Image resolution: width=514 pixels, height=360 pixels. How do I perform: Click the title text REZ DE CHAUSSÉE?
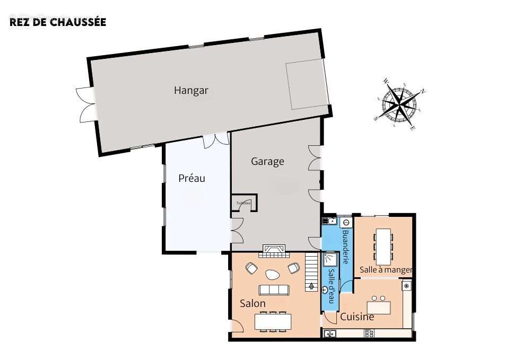[x=58, y=22]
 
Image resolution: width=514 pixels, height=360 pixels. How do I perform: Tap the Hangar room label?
[x=191, y=91]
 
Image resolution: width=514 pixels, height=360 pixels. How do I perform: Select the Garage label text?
[x=267, y=162]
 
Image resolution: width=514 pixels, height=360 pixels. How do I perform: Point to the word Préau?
[x=191, y=179]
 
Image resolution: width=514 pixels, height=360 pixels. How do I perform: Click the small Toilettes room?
[x=243, y=203]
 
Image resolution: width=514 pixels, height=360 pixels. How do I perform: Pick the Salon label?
[x=252, y=304]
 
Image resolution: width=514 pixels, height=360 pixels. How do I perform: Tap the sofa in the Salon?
[x=274, y=289]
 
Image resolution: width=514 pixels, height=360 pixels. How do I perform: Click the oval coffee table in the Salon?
[x=273, y=274]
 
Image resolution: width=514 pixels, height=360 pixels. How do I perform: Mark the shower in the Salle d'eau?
[x=330, y=259]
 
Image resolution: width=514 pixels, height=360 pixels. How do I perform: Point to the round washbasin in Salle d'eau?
[x=325, y=289]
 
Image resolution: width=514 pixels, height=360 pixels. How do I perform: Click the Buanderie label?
[x=345, y=247]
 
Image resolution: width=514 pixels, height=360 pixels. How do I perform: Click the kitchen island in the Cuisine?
[x=379, y=306]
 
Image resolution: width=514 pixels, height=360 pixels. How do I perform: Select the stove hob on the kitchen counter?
[x=370, y=333]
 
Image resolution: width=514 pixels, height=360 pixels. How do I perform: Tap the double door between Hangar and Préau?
[x=216, y=139]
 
